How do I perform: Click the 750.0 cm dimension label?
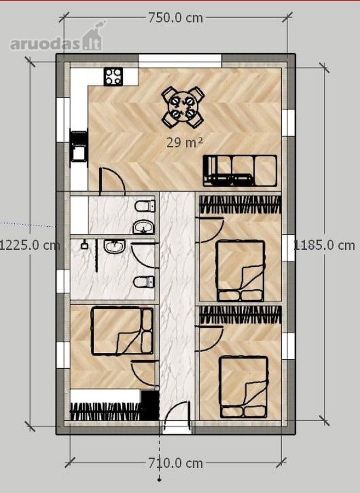175,18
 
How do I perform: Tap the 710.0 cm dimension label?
175,463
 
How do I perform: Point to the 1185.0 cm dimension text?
324,245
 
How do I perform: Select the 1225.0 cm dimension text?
30,245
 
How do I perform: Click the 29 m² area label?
185,143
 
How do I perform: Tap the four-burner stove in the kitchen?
113,76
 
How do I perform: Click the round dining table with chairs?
182,107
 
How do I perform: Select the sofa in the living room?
240,170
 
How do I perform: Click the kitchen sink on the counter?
78,146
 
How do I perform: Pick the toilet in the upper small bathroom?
145,207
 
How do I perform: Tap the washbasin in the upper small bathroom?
144,227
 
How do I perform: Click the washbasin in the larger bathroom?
115,246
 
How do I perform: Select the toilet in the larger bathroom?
144,282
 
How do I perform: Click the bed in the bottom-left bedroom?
122,331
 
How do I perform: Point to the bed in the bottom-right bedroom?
244,387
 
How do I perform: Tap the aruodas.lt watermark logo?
56,37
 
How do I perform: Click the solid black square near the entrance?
150,405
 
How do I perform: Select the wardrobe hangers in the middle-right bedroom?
241,205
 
